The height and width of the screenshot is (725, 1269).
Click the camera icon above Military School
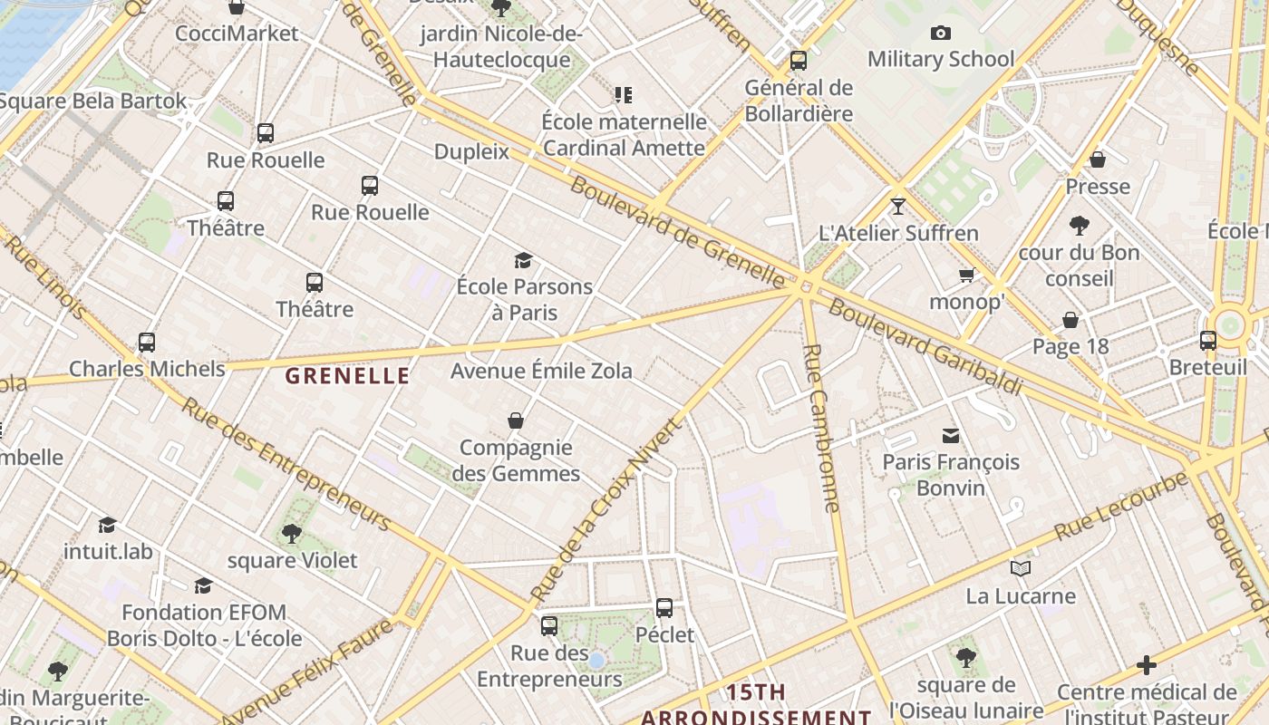click(941, 34)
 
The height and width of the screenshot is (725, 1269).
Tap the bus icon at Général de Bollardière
click(799, 61)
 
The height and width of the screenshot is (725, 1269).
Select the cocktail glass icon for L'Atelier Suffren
click(897, 207)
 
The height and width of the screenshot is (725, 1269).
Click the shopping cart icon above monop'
click(967, 275)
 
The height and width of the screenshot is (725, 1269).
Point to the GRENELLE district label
click(347, 376)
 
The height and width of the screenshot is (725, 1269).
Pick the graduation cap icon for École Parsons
click(523, 261)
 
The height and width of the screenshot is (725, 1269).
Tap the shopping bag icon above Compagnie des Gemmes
click(516, 420)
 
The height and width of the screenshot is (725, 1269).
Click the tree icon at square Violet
click(291, 534)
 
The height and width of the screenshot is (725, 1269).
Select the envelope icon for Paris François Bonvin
click(951, 436)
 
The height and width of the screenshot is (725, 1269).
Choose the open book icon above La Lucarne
click(1021, 568)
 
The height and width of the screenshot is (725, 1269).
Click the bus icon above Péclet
click(664, 608)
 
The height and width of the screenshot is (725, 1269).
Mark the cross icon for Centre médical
click(1147, 666)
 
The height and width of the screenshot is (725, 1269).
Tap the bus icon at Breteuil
click(1208, 341)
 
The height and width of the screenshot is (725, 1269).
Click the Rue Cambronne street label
click(822, 428)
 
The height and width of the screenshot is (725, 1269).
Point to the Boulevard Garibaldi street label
click(925, 348)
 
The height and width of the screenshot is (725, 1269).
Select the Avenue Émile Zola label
click(541, 371)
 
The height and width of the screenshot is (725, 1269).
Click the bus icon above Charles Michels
click(147, 343)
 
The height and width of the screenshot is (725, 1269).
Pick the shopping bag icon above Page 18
click(1070, 320)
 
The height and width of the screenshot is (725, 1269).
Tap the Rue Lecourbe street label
click(1122, 507)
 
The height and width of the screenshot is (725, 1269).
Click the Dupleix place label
click(471, 151)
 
